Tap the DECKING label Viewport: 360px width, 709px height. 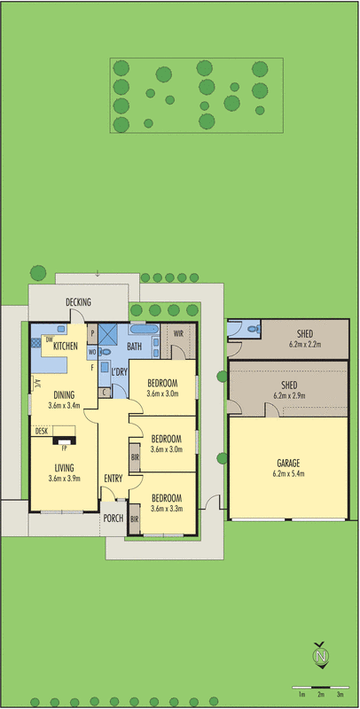pos(79,303)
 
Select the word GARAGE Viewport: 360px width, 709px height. pos(287,463)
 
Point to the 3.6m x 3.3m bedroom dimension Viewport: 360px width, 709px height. pos(166,510)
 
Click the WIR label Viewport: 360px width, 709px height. pos(178,334)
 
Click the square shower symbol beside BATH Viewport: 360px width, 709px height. pos(108,334)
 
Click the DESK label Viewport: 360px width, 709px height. pos(42,431)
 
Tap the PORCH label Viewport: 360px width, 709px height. pos(113,518)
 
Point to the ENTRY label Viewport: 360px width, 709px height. pos(113,479)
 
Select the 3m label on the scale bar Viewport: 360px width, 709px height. pos(340,695)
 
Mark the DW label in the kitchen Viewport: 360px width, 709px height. pos(49,340)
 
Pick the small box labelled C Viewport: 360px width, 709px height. pos(105,391)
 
